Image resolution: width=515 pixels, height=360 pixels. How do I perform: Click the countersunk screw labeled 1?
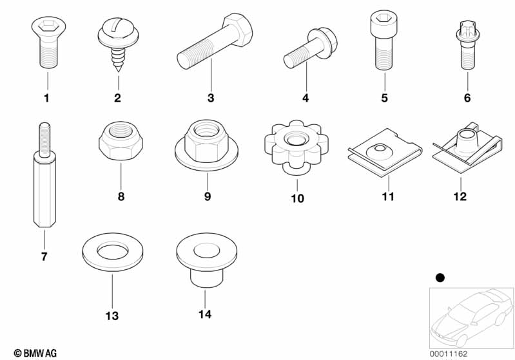coord(48,43)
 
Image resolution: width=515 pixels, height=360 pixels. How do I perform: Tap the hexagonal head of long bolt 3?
coord(238,30)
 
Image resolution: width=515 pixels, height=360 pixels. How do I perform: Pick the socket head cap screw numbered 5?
coord(384,39)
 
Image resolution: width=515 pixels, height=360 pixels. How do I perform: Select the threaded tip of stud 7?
coord(44,140)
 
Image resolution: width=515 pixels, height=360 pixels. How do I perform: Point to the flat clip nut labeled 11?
coord(385,153)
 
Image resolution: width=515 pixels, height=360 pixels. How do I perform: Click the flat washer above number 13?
coord(113,252)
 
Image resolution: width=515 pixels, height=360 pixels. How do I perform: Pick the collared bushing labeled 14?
coord(207,261)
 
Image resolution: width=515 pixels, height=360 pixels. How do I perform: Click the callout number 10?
coord(297,198)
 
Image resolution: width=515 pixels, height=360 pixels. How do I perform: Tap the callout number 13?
coord(112,316)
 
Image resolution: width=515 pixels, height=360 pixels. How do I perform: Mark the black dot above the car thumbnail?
coord(440,278)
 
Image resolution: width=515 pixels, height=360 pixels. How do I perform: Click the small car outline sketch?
coord(472,317)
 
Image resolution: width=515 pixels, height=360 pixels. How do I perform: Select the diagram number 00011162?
coord(449,354)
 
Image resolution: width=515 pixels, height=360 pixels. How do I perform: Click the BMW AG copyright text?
coord(35,354)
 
